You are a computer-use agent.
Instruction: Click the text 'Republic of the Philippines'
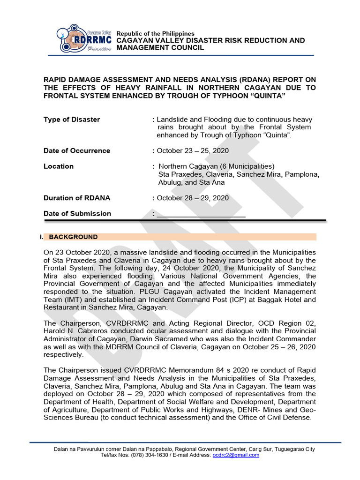(155, 34)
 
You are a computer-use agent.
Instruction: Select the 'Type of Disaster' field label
(72, 120)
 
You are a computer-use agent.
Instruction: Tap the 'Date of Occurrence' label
(77, 151)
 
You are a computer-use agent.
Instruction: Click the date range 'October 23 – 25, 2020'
(193, 151)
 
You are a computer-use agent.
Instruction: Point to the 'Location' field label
(59, 166)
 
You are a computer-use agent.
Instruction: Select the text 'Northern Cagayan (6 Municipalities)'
(217, 166)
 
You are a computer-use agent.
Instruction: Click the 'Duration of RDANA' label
(77, 198)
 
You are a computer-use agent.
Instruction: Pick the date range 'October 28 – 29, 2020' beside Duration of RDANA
(193, 198)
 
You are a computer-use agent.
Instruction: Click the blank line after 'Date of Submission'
(201, 214)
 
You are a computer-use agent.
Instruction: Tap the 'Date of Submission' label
(77, 214)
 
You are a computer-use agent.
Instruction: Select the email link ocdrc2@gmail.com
(236, 455)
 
